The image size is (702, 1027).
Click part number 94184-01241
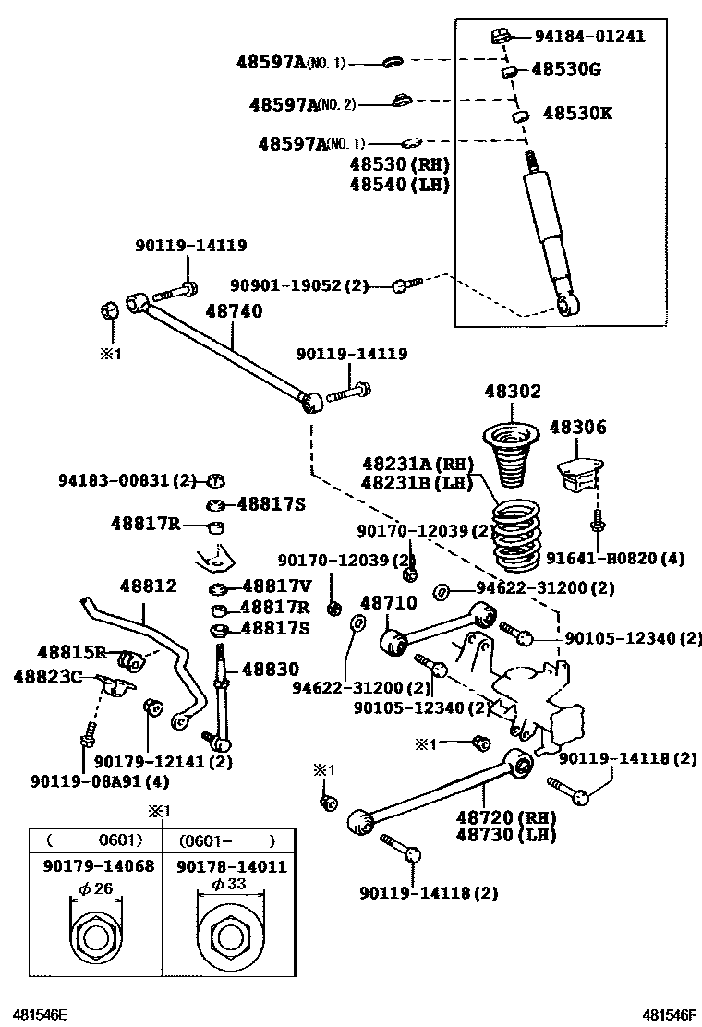pyautogui.click(x=589, y=37)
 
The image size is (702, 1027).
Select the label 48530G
pyautogui.click(x=564, y=69)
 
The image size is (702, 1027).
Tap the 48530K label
pyautogui.click(x=577, y=114)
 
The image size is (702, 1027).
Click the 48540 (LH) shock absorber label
pyautogui.click(x=399, y=185)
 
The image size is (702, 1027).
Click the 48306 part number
pyautogui.click(x=578, y=428)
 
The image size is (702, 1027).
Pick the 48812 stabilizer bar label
pyautogui.click(x=148, y=586)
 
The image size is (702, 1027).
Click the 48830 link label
pyautogui.click(x=270, y=671)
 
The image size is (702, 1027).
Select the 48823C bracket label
pyautogui.click(x=46, y=676)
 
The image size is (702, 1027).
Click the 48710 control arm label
pyautogui.click(x=389, y=603)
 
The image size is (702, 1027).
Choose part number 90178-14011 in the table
pyautogui.click(x=231, y=866)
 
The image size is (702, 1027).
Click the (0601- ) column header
pyautogui.click(x=227, y=840)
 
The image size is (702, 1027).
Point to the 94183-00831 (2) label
pyautogui.click(x=127, y=480)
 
